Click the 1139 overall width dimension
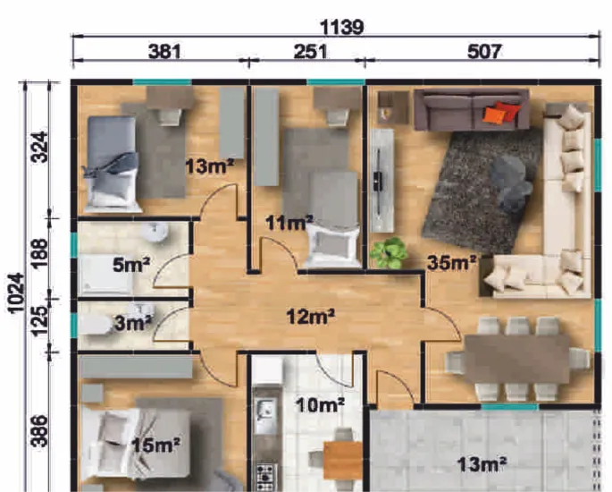341,28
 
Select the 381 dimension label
164,51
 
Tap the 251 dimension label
310,51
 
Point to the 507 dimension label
483,51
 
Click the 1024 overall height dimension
16,293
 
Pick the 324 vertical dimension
40,148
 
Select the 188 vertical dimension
40,253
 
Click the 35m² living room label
452,263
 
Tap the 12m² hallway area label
311,317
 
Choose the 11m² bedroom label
289,223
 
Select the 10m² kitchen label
320,405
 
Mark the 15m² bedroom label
155,445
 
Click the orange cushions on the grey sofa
501,112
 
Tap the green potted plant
389,253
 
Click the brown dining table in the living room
517,359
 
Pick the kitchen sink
266,410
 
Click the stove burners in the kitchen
266,477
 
